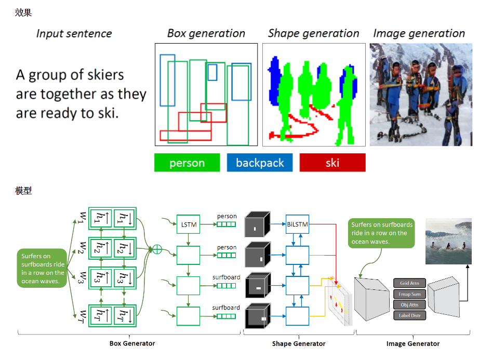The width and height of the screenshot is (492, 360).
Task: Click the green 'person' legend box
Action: coord(187,163)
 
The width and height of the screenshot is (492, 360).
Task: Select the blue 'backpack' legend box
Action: coord(260,163)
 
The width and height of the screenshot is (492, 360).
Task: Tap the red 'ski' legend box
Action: coord(333,163)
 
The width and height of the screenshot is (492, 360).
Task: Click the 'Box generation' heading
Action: coord(206,34)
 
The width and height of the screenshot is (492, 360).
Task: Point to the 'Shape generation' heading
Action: coord(313,34)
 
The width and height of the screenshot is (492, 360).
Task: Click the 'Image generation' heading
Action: coord(419,34)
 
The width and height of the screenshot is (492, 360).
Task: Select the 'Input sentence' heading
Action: coord(74,34)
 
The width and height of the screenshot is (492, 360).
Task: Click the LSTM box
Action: coord(188,224)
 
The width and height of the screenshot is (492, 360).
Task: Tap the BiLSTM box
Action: coord(297,224)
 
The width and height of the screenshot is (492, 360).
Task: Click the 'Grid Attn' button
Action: coord(410,283)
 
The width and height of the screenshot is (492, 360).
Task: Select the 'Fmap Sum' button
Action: coord(410,294)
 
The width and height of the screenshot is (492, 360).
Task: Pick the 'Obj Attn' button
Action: coord(410,304)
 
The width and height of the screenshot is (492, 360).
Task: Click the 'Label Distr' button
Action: coord(410,315)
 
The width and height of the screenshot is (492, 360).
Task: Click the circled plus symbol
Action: coord(156,249)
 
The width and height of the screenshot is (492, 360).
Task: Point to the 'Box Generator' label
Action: coord(132,343)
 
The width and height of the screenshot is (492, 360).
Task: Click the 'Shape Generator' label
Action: coord(299,343)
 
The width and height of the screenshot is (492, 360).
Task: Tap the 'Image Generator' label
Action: coord(413,343)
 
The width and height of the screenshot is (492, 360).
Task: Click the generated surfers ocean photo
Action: coord(448,241)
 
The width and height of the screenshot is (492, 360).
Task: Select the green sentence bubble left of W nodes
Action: coord(43,268)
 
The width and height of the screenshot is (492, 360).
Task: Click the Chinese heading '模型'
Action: coord(23,191)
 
